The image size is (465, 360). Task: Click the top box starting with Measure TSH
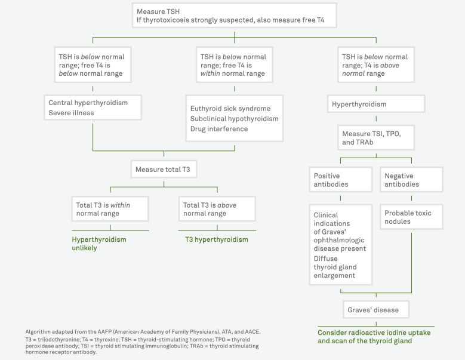click(234, 16)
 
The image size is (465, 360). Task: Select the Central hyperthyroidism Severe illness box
click(93, 107)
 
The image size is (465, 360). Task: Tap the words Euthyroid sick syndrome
click(230, 109)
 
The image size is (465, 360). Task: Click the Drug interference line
click(218, 129)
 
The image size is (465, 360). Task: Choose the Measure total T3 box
click(164, 170)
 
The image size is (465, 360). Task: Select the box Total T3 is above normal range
click(217, 209)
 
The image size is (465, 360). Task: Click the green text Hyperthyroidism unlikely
click(99, 243)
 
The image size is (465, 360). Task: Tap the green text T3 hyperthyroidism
click(216, 239)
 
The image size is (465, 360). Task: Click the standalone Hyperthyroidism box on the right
click(376, 104)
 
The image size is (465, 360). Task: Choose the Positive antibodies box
click(341, 180)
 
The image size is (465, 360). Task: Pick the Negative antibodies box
click(411, 180)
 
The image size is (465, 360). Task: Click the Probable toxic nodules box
click(411, 217)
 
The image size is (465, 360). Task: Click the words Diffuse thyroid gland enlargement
click(335, 267)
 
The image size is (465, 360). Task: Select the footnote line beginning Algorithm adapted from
click(143, 331)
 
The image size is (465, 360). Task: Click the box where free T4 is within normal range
click(234, 66)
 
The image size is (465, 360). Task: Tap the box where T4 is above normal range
click(376, 66)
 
